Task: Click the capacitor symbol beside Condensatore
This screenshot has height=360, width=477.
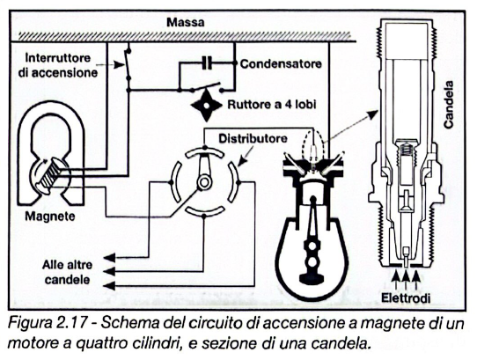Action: [x=207, y=63]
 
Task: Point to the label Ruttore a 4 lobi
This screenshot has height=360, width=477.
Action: [x=274, y=103]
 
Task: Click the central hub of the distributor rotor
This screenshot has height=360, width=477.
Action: [x=204, y=182]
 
